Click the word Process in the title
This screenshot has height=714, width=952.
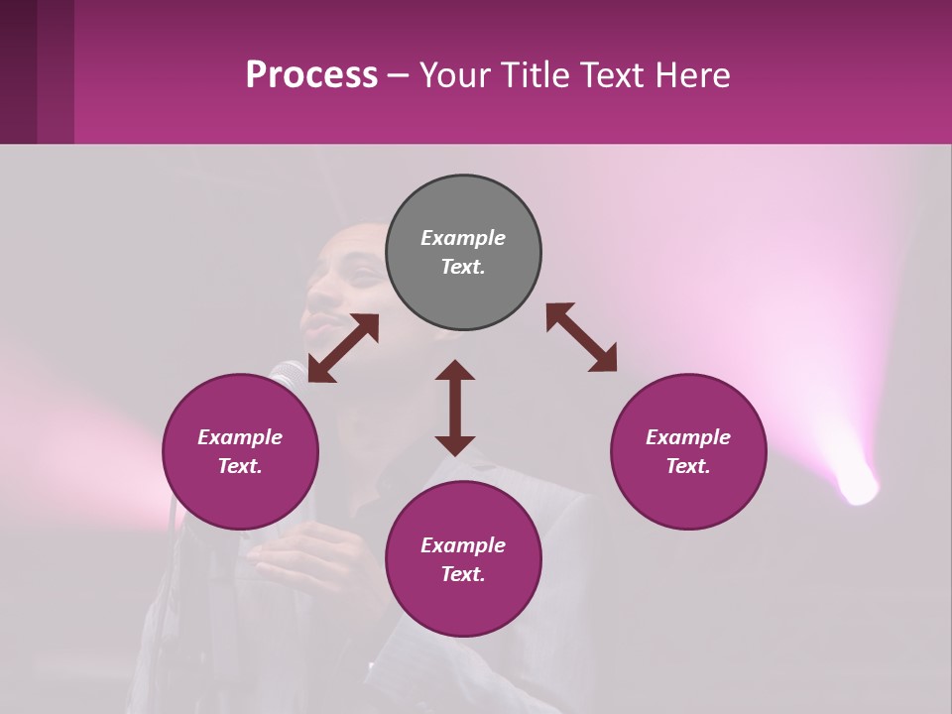(x=311, y=75)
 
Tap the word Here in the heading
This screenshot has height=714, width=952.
(x=690, y=75)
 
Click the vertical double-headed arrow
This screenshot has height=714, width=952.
(x=455, y=408)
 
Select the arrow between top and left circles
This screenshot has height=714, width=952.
(x=343, y=348)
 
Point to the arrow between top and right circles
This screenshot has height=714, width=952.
(x=581, y=337)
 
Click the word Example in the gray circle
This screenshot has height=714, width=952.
(x=463, y=238)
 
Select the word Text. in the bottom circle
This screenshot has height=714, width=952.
(x=463, y=574)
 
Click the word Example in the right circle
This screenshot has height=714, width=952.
(x=688, y=437)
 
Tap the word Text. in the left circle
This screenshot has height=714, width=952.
(x=240, y=466)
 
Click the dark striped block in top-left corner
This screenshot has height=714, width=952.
(x=37, y=71)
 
